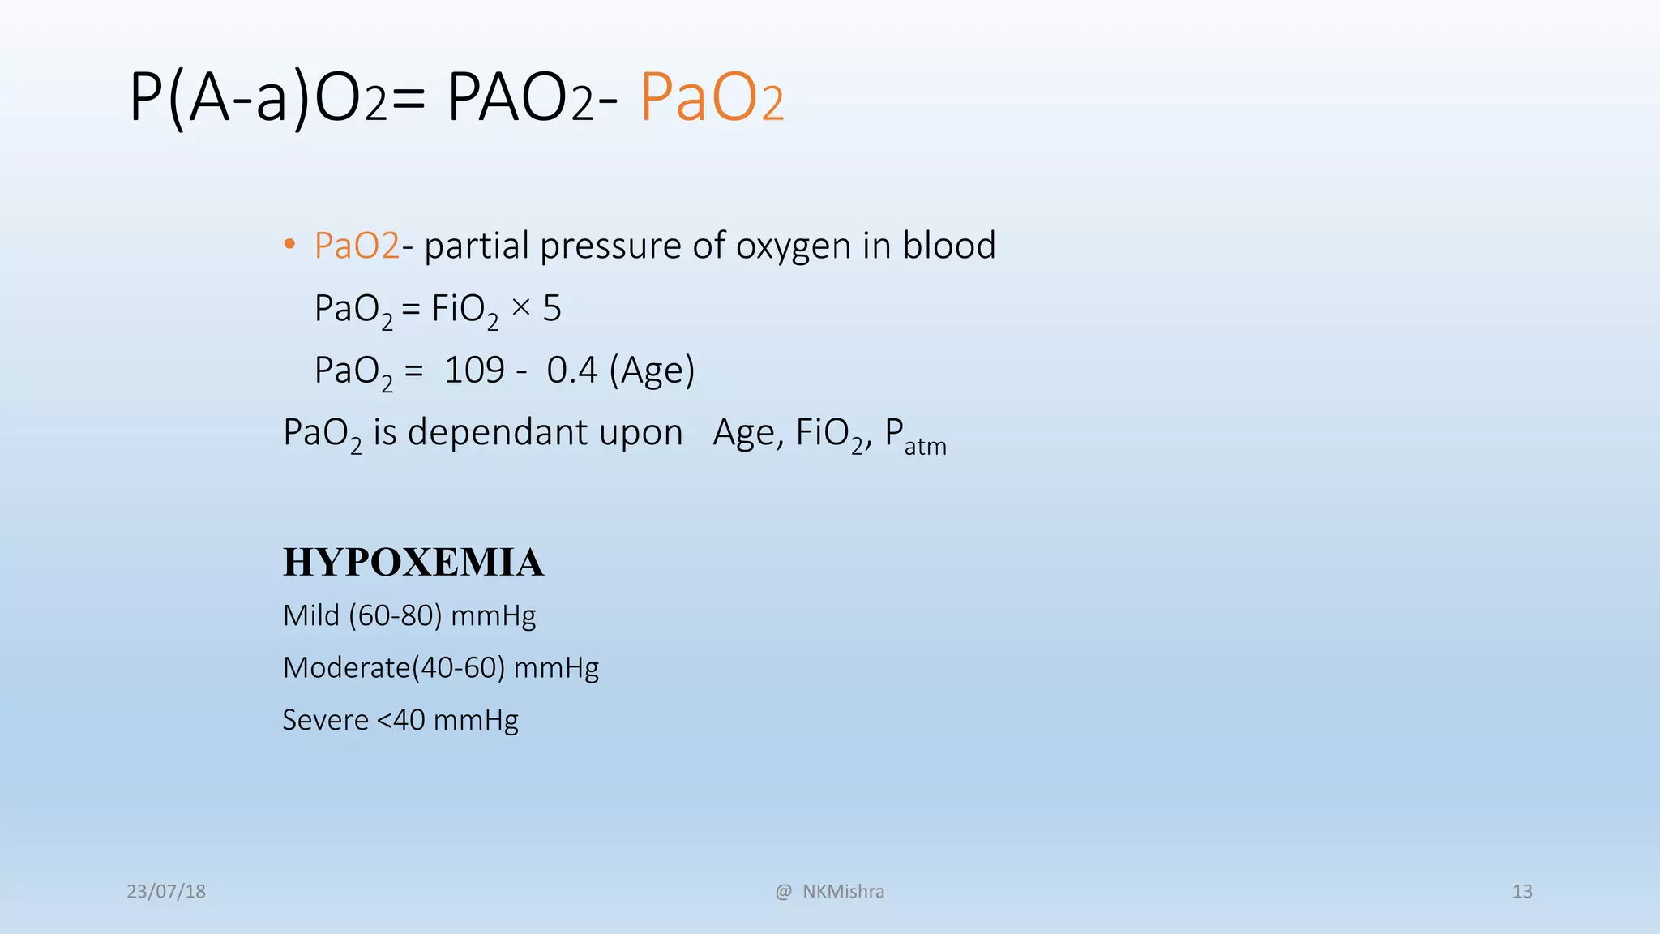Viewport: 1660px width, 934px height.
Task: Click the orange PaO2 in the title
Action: (712, 98)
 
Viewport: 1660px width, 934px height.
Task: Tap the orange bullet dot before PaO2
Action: (289, 245)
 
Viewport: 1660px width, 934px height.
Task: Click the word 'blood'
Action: (949, 245)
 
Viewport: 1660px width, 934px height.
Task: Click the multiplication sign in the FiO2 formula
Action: (521, 307)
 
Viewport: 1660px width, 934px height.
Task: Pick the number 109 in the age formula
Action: (474, 371)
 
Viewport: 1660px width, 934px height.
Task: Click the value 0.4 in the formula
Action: (572, 371)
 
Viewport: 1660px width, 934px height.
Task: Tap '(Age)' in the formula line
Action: (652, 371)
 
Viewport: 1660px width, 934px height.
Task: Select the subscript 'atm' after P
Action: (925, 446)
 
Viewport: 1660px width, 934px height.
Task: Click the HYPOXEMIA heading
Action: (413, 562)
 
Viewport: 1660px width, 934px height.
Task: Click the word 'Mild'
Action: (311, 615)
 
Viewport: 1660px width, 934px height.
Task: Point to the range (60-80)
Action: (396, 615)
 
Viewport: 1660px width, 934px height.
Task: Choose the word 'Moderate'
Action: (347, 667)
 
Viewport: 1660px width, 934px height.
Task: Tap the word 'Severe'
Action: (325, 719)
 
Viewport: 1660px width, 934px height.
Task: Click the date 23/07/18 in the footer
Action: (166, 891)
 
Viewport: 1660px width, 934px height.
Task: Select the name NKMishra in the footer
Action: (843, 891)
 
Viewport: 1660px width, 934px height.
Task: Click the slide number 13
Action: (1522, 891)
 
